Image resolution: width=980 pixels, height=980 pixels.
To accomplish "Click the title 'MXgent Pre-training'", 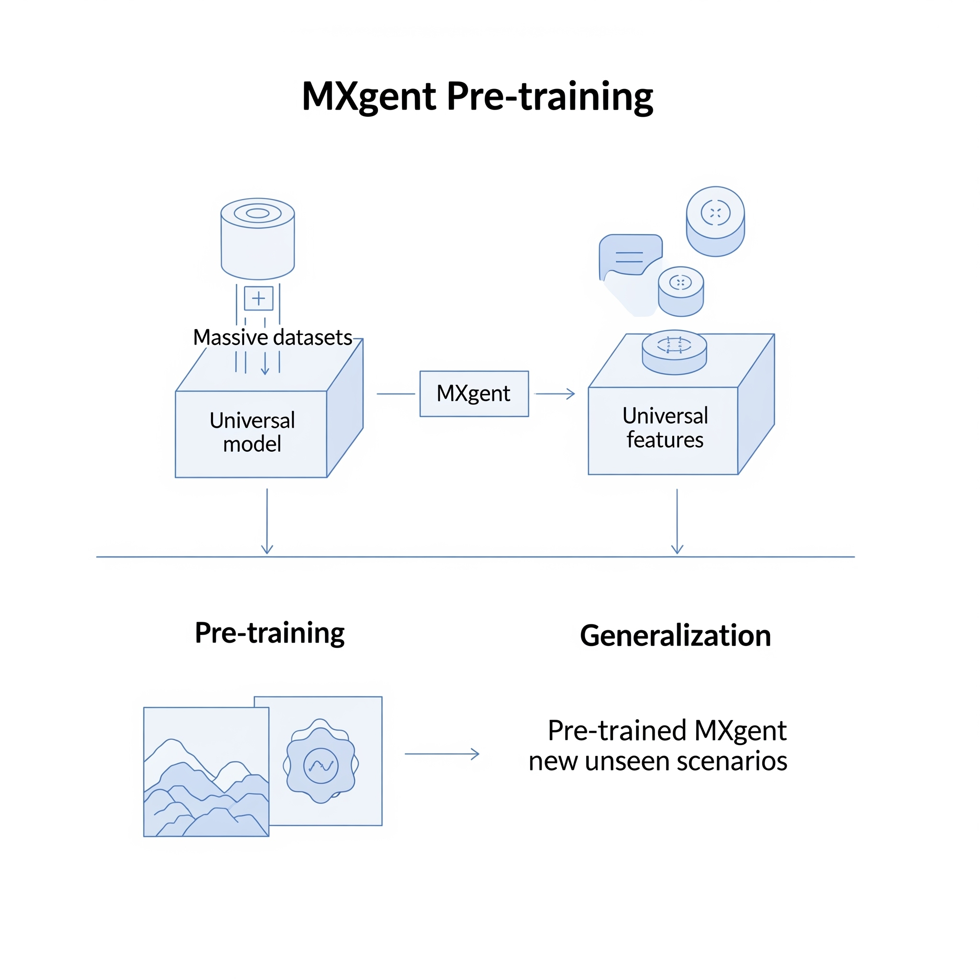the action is [477, 96].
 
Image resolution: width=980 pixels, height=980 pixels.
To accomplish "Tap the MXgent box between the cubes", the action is [474, 394].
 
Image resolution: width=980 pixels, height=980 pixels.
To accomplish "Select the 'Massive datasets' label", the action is [272, 337].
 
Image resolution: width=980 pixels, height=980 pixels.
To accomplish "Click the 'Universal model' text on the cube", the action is [252, 432].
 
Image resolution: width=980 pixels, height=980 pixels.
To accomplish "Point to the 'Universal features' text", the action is [665, 428].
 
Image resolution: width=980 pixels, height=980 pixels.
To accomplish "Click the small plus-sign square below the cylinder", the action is [259, 298].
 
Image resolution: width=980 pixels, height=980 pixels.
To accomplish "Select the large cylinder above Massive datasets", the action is [258, 239].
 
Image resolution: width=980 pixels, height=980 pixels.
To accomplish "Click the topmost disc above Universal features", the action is [715, 221].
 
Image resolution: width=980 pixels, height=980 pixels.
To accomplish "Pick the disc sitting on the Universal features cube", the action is [674, 352].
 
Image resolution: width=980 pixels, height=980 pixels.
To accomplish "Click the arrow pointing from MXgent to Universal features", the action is [555, 394].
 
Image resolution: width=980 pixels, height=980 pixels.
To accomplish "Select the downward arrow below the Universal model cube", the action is [267, 521].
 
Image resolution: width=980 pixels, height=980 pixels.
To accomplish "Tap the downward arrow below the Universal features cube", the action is [677, 521].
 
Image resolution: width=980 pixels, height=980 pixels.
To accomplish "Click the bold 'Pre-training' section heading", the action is [270, 633].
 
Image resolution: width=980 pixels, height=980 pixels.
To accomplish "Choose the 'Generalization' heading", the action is [675, 635].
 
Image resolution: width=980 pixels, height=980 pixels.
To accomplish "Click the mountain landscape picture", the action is [206, 771].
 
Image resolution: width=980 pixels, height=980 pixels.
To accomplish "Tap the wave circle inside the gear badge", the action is [321, 766].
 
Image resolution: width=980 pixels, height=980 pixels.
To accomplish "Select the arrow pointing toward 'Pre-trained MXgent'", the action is [442, 754].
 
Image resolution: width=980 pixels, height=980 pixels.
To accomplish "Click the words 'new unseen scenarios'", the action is [658, 761].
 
